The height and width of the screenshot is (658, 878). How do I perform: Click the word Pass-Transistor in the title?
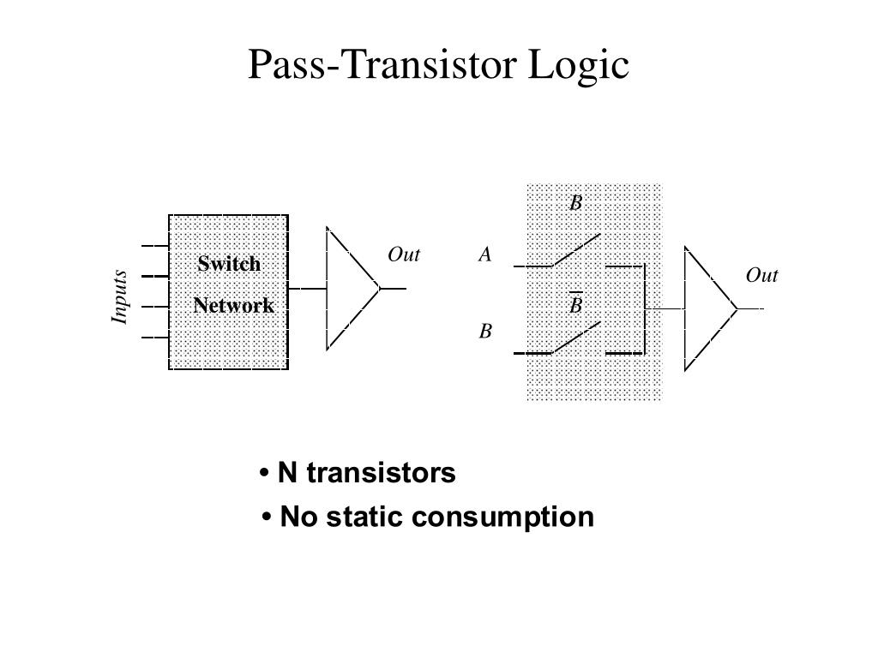[382, 63]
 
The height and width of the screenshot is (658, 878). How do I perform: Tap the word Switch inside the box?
[229, 264]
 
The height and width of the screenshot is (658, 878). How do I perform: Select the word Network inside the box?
[233, 306]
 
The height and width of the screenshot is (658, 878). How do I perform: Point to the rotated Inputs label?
[119, 296]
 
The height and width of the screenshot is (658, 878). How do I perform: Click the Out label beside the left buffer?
[404, 254]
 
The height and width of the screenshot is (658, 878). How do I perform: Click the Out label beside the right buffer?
[761, 275]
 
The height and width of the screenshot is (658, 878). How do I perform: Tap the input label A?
[485, 254]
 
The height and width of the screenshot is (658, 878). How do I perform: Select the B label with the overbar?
[576, 303]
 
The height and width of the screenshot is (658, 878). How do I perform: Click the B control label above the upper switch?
[576, 202]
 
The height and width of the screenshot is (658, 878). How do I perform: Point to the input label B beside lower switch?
[485, 332]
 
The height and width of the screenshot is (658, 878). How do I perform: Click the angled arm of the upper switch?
[576, 250]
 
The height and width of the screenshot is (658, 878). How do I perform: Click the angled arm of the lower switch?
[576, 338]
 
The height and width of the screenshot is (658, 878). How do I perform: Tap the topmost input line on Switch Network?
[155, 246]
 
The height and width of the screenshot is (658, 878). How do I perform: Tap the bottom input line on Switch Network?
[155, 338]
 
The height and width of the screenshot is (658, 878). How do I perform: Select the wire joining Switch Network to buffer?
[308, 289]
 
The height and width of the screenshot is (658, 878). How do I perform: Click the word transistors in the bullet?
[382, 473]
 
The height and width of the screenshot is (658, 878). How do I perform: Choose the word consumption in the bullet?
[502, 517]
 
